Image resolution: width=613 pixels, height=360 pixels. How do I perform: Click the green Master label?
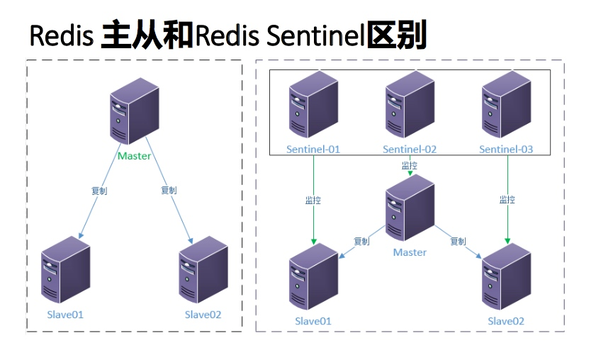click(134, 156)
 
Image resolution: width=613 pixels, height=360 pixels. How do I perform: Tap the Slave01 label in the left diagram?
click(65, 315)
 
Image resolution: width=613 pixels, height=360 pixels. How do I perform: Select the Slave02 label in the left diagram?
click(203, 315)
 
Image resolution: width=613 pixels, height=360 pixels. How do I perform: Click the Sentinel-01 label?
click(313, 150)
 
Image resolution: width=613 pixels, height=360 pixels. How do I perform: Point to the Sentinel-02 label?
click(410, 150)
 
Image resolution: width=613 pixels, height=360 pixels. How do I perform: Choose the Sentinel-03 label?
click(506, 150)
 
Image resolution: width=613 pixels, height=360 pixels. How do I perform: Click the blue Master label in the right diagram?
click(410, 252)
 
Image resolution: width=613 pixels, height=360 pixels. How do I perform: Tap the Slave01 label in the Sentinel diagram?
click(313, 321)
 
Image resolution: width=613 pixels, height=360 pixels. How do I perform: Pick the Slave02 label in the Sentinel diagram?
click(506, 321)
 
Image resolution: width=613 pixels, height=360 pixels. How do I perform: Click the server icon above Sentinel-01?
click(313, 104)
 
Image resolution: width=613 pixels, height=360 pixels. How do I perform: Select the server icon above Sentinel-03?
click(507, 104)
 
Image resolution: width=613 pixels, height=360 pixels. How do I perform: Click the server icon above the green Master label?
click(135, 111)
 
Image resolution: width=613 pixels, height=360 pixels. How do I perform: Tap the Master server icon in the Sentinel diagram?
click(410, 208)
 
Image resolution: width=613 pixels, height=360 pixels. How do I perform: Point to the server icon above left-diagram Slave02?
click(203, 270)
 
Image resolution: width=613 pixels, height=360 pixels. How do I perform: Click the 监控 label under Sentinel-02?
click(410, 165)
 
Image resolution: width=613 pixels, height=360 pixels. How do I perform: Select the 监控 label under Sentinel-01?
click(313, 200)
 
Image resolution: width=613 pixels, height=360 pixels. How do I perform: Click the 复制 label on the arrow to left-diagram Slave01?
click(99, 191)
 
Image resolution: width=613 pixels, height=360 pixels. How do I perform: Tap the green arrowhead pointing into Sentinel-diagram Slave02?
click(507, 241)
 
